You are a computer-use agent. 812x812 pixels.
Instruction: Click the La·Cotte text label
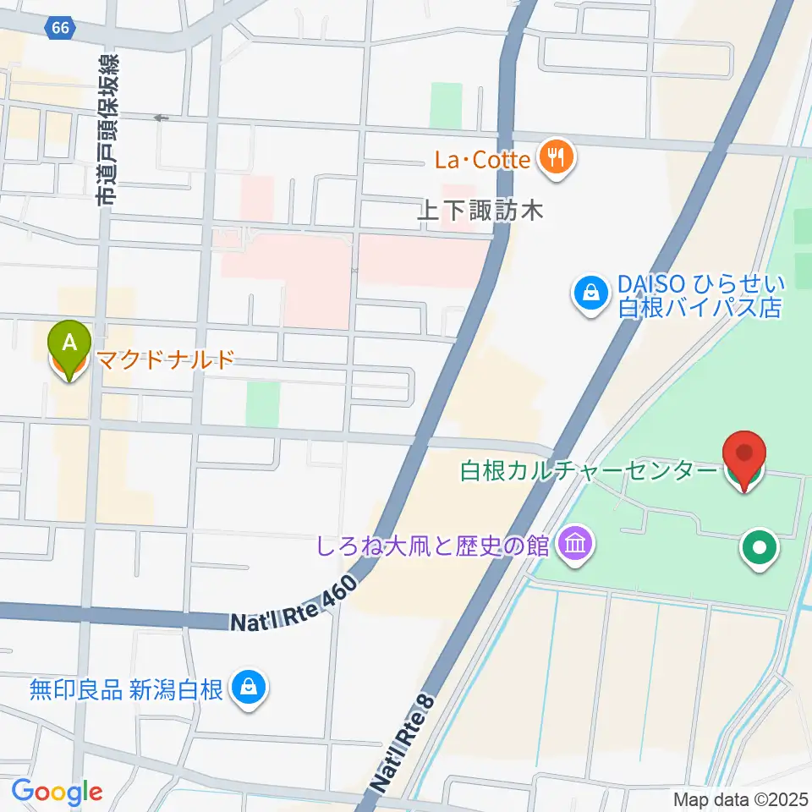[482, 158]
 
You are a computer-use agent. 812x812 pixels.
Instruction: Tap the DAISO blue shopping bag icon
[590, 294]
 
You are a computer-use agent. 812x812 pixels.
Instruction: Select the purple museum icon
[575, 544]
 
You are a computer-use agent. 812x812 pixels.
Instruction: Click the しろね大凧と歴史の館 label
[432, 545]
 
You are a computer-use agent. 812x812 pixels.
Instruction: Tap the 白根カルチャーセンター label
[588, 471]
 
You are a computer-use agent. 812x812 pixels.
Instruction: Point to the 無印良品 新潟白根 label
[126, 690]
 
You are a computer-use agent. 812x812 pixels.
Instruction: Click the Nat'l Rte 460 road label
[289, 608]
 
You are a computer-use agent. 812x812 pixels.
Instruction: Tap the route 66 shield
[60, 28]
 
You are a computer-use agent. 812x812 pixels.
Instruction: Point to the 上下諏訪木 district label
[479, 211]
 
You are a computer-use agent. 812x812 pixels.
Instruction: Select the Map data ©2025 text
[740, 798]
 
